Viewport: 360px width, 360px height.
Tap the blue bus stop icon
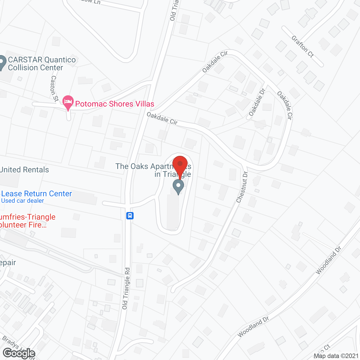tap(130, 216)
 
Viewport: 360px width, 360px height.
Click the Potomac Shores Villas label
tap(115, 104)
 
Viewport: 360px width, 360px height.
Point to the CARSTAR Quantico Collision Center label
tap(42, 64)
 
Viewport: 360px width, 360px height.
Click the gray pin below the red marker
tap(178, 186)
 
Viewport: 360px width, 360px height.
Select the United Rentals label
tap(24, 170)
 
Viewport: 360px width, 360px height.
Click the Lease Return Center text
tap(37, 194)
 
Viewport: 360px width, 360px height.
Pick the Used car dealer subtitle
tap(22, 201)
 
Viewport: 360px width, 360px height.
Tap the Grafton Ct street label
tap(302, 46)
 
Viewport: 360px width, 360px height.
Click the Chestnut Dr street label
tap(242, 187)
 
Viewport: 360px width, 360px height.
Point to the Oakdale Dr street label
tap(257, 102)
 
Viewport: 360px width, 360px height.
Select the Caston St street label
tap(54, 88)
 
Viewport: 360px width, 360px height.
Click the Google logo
tap(19, 353)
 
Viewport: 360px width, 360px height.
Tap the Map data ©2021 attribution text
tap(336, 356)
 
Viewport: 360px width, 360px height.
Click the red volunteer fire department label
tap(28, 221)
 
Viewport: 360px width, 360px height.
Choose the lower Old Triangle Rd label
tap(126, 289)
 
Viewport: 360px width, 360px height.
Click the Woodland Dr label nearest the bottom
tap(253, 327)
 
